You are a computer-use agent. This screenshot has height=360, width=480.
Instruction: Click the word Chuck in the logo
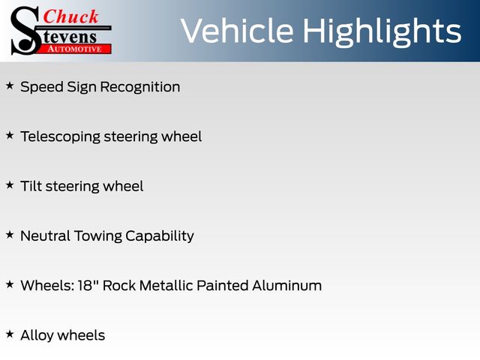70,16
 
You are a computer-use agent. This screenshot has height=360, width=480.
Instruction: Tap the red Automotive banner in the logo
75,49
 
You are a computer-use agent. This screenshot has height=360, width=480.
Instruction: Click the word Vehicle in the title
237,31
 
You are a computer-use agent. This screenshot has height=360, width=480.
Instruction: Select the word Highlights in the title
382,32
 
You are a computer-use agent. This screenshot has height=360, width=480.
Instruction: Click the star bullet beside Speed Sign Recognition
10,85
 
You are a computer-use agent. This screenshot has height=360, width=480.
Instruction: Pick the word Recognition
140,87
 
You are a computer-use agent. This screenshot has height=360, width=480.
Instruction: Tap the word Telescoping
60,136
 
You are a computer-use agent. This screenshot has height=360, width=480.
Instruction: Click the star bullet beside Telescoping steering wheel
10,135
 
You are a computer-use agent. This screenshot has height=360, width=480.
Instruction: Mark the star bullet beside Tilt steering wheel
10,185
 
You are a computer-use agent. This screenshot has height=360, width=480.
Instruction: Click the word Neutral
45,235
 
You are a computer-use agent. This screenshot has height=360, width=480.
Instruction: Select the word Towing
98,236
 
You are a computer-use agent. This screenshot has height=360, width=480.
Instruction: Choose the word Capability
160,236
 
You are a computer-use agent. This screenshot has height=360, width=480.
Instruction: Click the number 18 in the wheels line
85,286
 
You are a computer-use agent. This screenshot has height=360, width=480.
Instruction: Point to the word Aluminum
286,286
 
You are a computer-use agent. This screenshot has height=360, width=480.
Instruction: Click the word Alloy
37,336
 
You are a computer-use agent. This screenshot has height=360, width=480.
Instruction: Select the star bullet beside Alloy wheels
10,334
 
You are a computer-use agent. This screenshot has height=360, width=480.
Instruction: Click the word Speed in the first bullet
42,87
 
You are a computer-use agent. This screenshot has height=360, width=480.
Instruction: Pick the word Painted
223,286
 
